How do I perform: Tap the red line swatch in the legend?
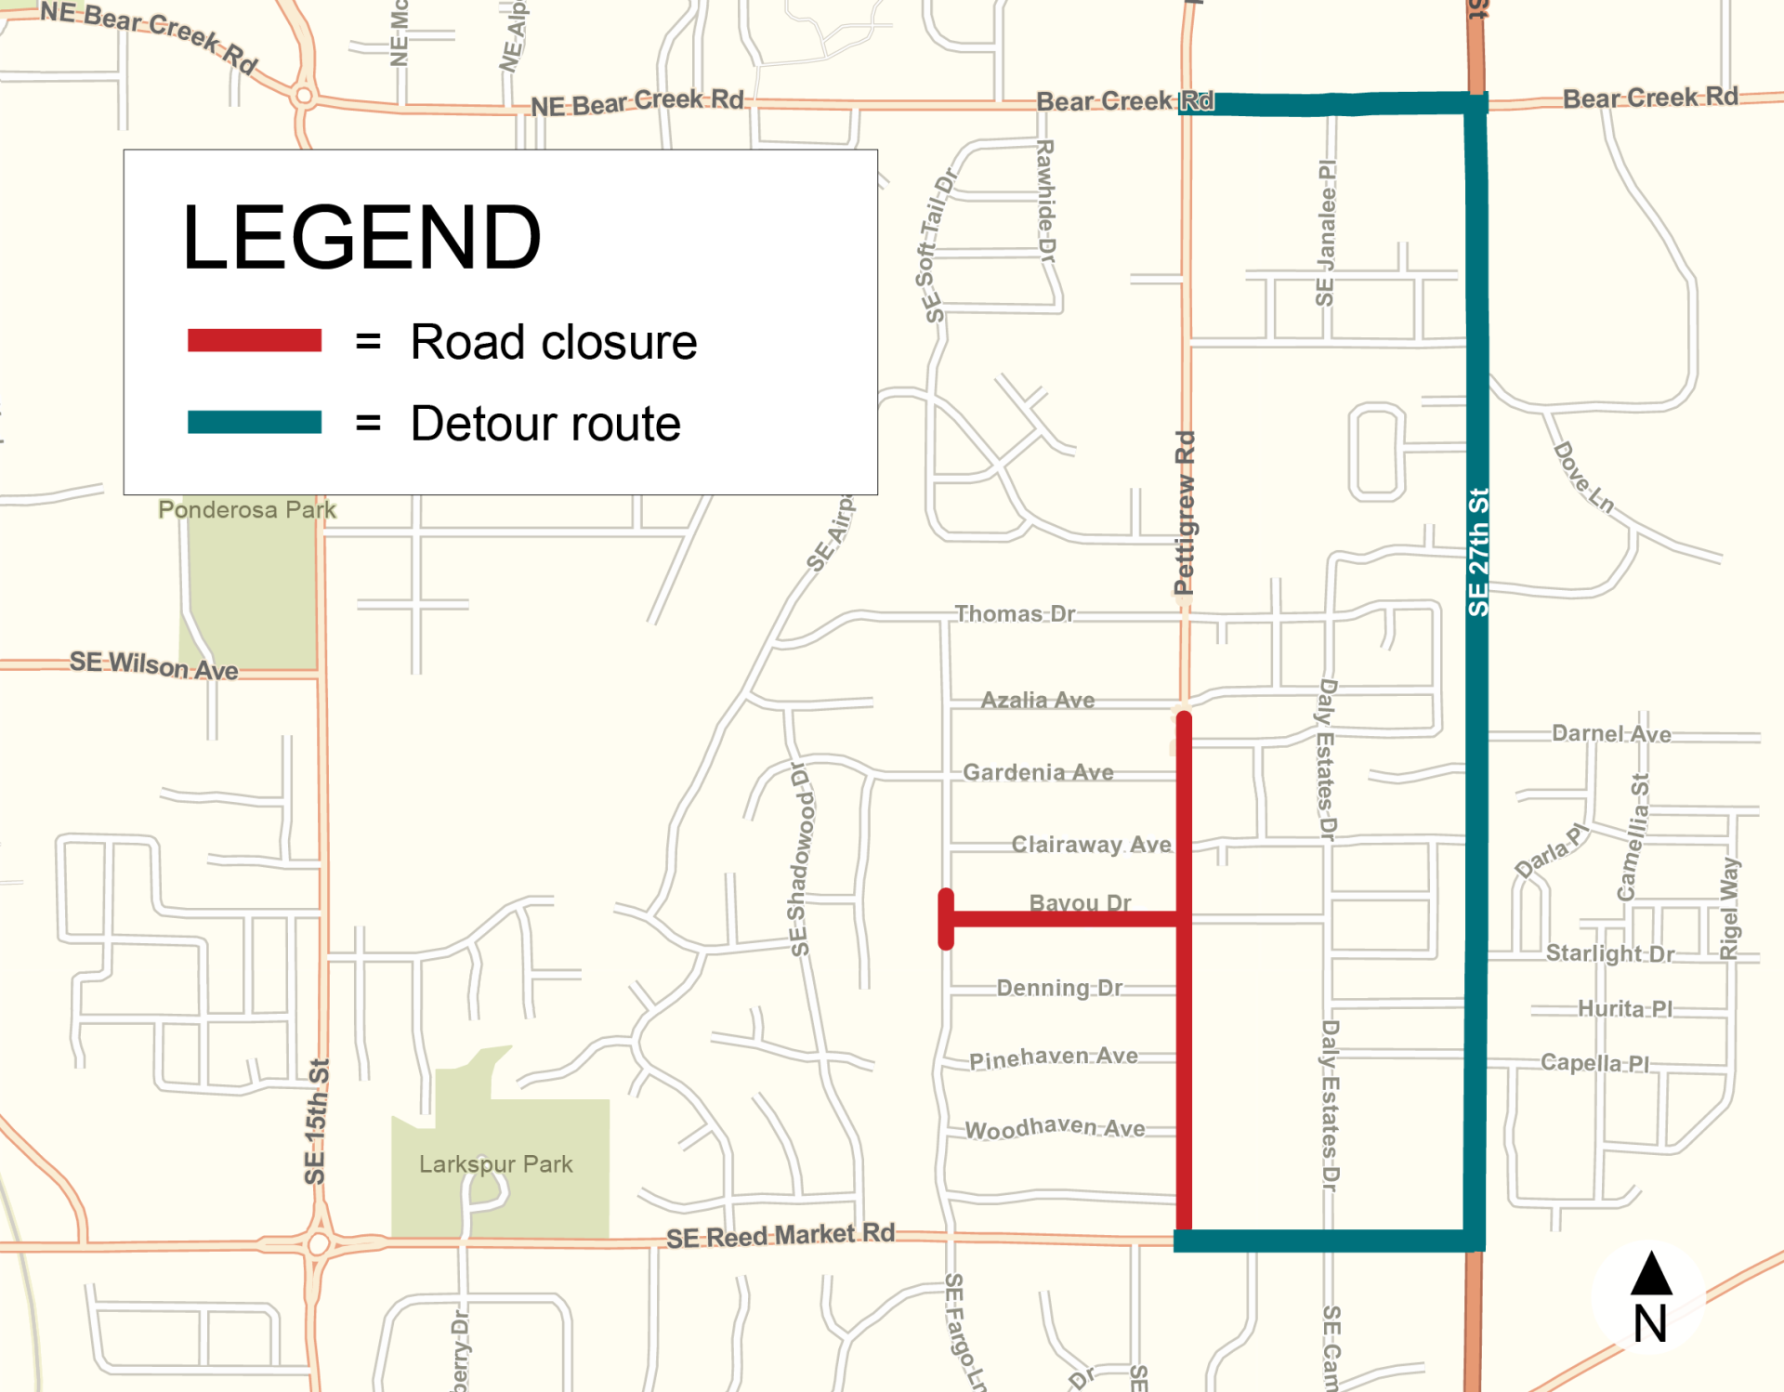(254, 340)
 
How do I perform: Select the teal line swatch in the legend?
(254, 422)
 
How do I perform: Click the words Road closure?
(553, 342)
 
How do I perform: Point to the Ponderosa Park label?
(246, 509)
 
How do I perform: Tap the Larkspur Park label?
(495, 1163)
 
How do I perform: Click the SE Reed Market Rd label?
(780, 1236)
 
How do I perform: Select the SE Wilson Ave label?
(153, 665)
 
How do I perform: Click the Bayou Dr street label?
(1080, 902)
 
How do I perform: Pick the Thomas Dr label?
(1015, 613)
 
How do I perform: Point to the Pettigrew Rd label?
(1184, 513)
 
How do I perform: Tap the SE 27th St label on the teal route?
(1477, 552)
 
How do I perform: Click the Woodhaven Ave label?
(1055, 1128)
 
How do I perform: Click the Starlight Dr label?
(1609, 953)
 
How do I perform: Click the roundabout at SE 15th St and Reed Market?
(319, 1243)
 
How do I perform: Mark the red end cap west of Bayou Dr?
(946, 919)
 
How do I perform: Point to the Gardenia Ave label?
(1038, 772)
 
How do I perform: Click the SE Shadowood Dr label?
(799, 860)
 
